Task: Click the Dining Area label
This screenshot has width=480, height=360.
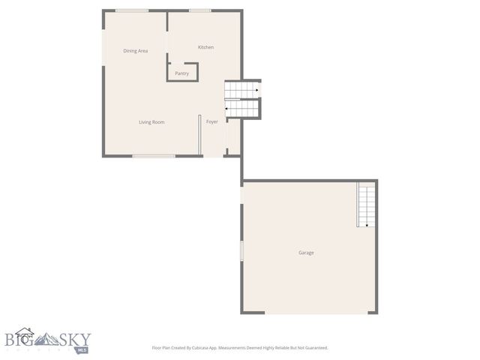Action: pyautogui.click(x=135, y=51)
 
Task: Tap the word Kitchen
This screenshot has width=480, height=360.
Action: pyautogui.click(x=205, y=47)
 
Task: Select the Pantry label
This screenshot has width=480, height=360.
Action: pyautogui.click(x=182, y=73)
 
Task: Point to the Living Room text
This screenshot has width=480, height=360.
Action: pyautogui.click(x=151, y=121)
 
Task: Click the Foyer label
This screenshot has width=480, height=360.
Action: pyautogui.click(x=212, y=121)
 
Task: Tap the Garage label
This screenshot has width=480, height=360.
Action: pyautogui.click(x=306, y=253)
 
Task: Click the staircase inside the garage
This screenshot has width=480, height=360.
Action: pyautogui.click(x=366, y=204)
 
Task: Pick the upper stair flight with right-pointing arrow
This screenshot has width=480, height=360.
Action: pyautogui.click(x=242, y=91)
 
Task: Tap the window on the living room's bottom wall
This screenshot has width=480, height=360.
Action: pyautogui.click(x=154, y=156)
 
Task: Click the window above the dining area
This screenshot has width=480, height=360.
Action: pyautogui.click(x=131, y=10)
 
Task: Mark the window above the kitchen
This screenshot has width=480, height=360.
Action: pyautogui.click(x=199, y=10)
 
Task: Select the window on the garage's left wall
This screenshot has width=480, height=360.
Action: pyautogui.click(x=241, y=250)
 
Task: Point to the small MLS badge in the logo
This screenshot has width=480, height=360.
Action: pyautogui.click(x=81, y=349)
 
